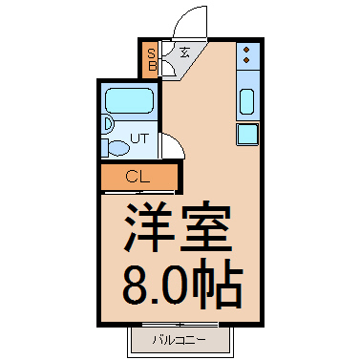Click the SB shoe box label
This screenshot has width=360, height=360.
152,60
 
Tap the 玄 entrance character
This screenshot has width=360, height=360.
182,53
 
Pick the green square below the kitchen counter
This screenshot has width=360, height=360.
246,134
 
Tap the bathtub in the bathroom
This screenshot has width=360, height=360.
130,101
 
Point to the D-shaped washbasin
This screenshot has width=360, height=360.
107,124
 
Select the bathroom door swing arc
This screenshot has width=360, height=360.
172,146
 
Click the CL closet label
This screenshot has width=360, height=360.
138,178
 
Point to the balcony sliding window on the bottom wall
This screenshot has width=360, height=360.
179,325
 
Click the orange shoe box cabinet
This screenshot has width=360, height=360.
152,60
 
